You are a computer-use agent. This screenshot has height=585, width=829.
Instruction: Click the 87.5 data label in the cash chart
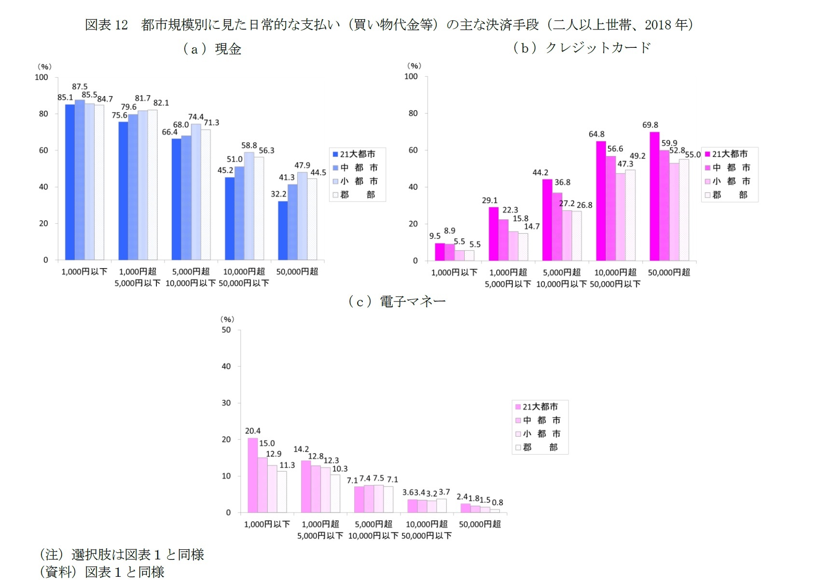[x=80, y=86]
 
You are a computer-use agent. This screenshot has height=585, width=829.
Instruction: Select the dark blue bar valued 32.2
[x=283, y=230]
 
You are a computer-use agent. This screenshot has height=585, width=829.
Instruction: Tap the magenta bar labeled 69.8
[x=654, y=196]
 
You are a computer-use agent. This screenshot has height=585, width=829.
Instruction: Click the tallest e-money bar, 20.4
[x=252, y=475]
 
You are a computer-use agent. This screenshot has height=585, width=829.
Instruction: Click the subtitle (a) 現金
[x=212, y=49]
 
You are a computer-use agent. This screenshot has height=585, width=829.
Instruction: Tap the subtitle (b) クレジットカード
[x=582, y=47]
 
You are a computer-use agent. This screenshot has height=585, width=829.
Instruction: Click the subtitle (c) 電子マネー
[x=397, y=301]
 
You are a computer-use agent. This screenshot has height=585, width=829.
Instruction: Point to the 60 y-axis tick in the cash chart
[x=43, y=150]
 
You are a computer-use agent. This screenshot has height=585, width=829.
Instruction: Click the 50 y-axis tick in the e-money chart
[x=226, y=330]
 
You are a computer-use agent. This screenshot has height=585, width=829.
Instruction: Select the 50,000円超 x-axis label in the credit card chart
[x=669, y=272]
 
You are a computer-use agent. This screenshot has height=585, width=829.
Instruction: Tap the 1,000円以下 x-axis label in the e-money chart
[x=267, y=524]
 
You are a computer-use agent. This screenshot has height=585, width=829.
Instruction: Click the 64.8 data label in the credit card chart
[x=596, y=134]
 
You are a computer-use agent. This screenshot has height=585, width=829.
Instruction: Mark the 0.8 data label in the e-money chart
[x=497, y=502]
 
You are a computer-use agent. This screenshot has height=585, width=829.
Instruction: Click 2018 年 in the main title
[x=666, y=24]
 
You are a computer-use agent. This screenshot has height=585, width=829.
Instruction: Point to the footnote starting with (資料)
[x=102, y=572]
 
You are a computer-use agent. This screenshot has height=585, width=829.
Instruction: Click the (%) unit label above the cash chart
[x=44, y=67]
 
